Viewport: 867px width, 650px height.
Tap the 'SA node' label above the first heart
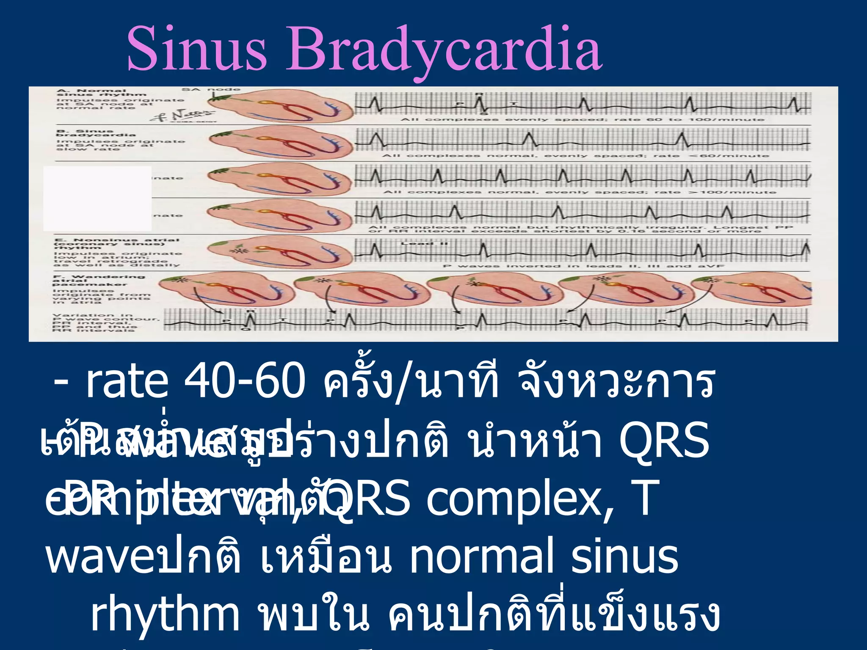[x=211, y=90]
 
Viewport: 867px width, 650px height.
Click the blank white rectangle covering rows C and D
[x=97, y=198]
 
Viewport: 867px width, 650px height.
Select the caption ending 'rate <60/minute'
[x=575, y=156]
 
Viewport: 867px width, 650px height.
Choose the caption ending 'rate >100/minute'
[x=580, y=193]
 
